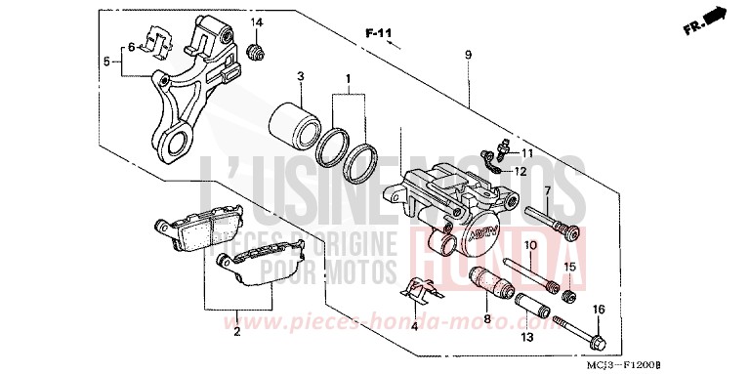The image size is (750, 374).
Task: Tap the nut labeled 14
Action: click(256, 50)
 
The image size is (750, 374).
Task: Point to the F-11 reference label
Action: click(378, 34)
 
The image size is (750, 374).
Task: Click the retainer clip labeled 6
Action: click(149, 38)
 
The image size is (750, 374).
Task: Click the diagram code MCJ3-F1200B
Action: click(694, 363)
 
